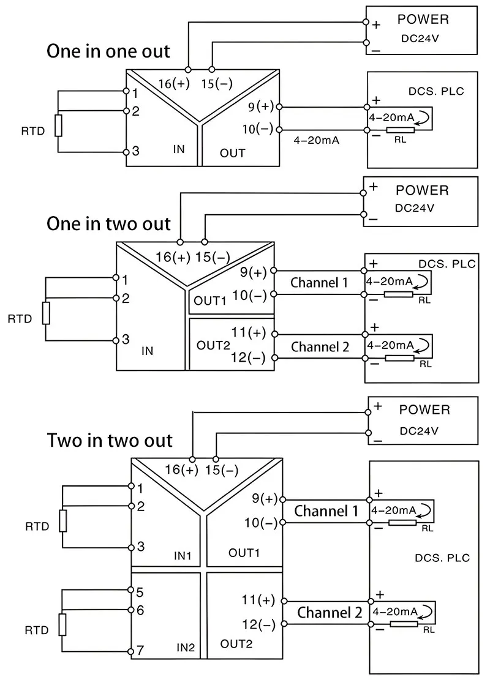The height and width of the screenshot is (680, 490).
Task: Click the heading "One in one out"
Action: [108, 51]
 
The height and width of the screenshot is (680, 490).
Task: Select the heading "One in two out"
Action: [108, 223]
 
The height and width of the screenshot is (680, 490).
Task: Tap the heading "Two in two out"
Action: [110, 440]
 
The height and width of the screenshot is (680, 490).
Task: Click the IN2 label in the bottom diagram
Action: [186, 647]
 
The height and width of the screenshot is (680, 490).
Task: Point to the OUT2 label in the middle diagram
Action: [213, 345]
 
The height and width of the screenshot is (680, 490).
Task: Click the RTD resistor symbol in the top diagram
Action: [58, 125]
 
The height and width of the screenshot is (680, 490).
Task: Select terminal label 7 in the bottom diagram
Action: [140, 650]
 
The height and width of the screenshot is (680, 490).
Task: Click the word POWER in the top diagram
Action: [423, 19]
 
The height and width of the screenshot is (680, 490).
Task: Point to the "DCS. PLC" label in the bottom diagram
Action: [442, 558]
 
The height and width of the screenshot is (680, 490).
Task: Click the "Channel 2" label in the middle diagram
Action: [320, 347]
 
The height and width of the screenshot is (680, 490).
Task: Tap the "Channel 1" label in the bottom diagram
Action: [326, 510]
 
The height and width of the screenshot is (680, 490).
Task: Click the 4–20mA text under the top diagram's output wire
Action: [317, 140]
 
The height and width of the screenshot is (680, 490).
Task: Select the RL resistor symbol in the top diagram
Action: [404, 130]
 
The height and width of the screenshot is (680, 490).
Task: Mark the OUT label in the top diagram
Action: [233, 153]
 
